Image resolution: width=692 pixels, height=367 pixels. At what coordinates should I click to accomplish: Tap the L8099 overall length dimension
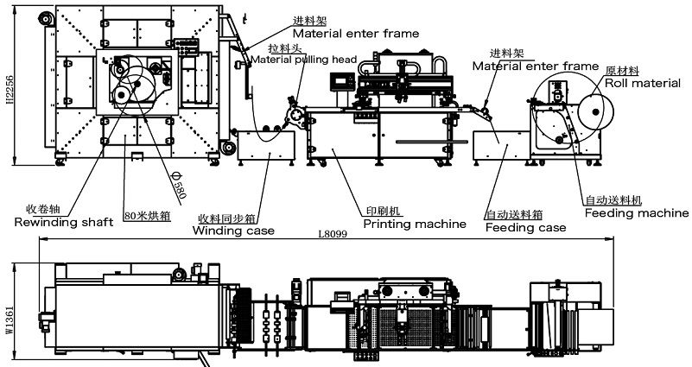coord(332,234)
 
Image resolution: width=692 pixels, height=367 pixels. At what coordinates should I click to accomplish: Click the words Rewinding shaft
coord(64,222)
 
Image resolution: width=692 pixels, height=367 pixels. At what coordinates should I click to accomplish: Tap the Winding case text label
coord(233,231)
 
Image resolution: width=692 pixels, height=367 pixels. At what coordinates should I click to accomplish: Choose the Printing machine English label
coord(414,224)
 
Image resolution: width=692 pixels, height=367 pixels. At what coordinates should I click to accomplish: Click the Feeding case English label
coord(525,228)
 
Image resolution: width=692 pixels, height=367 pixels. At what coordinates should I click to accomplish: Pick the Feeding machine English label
coord(636,213)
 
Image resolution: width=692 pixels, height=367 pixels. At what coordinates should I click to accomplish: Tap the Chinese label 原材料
coord(622,71)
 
